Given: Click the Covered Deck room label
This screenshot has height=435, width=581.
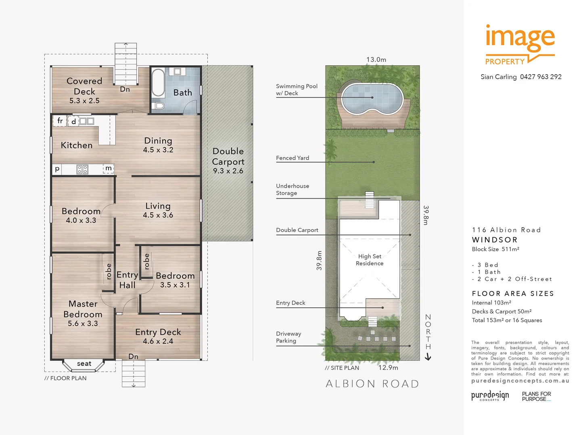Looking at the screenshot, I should [84, 86].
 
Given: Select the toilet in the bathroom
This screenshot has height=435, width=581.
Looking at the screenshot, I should [159, 106].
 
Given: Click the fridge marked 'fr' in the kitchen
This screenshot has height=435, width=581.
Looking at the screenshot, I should [60, 121].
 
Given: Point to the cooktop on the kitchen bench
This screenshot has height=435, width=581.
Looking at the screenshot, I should [82, 169].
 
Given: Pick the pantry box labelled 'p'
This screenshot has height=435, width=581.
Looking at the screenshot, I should [57, 169].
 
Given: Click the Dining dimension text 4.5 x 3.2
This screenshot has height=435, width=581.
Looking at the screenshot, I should [158, 150].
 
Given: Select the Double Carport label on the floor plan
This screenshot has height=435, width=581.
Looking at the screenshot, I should [228, 156].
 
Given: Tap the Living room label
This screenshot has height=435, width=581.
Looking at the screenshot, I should [158, 206].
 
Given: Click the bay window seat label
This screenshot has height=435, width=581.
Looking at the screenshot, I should [84, 364].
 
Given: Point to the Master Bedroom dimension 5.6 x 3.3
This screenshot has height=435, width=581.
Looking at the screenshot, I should [83, 323].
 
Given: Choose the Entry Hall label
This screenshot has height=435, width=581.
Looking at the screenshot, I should [127, 280].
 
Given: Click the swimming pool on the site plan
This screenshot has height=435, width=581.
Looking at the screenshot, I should [372, 98].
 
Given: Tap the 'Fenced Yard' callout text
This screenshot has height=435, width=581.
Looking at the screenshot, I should [293, 158].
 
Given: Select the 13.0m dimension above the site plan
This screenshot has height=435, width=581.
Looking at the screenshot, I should [376, 60].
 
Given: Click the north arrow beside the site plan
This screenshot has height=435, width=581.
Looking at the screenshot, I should [428, 356].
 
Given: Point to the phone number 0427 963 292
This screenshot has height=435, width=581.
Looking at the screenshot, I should [541, 77].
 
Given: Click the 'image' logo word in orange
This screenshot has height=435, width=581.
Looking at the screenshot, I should [520, 37].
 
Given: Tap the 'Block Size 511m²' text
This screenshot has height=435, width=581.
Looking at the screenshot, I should [495, 249].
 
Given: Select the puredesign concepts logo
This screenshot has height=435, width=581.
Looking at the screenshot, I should [490, 396].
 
